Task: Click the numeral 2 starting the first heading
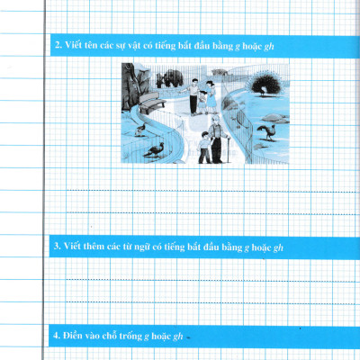[x=58, y=45]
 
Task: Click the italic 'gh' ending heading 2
[x=269, y=47]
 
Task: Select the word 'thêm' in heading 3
[x=94, y=247]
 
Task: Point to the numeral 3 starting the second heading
[x=57, y=247]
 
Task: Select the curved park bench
[x=151, y=103]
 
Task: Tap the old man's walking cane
[x=229, y=149]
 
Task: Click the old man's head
[x=215, y=120]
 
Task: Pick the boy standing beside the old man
[x=205, y=148]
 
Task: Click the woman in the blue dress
[x=211, y=97]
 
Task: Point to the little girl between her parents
[x=202, y=102]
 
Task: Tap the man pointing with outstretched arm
[x=192, y=96]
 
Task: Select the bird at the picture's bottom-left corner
[x=155, y=149]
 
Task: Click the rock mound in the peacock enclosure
[x=274, y=118]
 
